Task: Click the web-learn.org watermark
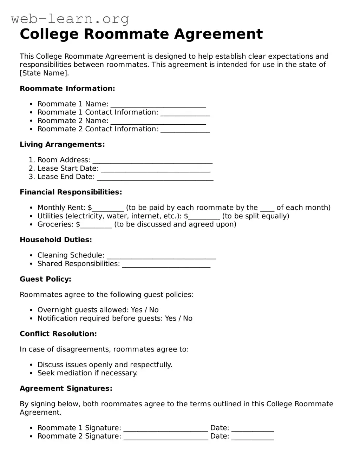click(x=70, y=19)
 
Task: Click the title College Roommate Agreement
click(x=141, y=34)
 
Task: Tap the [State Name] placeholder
click(x=44, y=73)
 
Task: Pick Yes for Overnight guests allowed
click(x=137, y=310)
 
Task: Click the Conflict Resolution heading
click(x=58, y=334)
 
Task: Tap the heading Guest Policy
click(x=45, y=279)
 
